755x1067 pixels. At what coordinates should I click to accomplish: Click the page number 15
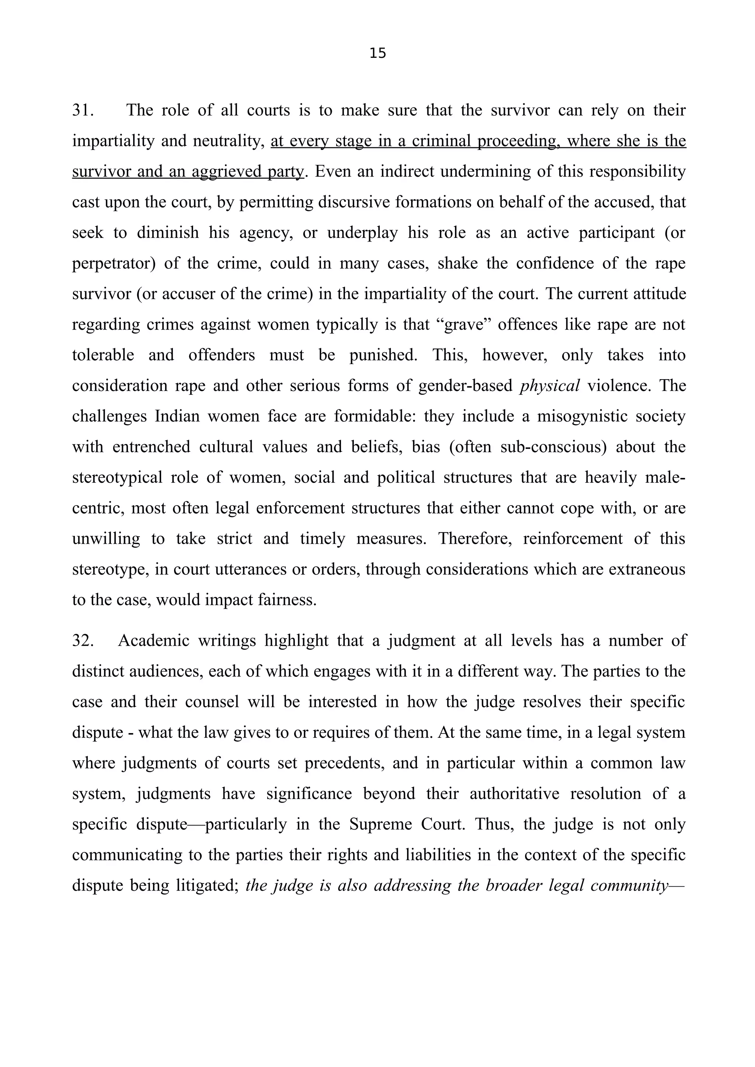point(378,53)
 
